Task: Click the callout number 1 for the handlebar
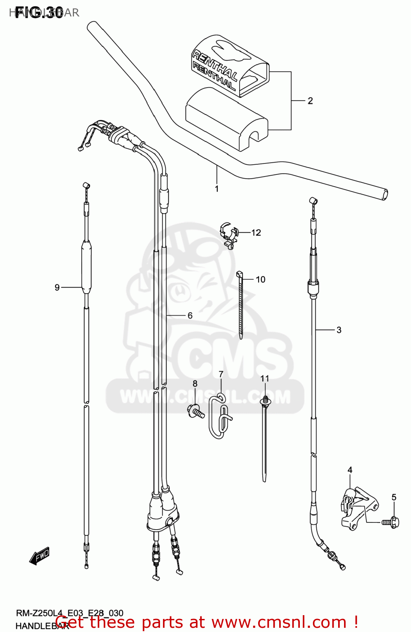(x=217, y=189)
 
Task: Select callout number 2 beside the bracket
(x=310, y=101)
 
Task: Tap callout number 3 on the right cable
(x=339, y=330)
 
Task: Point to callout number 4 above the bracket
(x=350, y=470)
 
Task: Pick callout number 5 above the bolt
(x=394, y=497)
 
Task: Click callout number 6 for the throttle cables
(x=190, y=315)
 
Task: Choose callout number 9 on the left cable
(x=57, y=287)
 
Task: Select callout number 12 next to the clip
(x=256, y=233)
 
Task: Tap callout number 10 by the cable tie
(x=260, y=279)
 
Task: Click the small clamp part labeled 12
(x=229, y=236)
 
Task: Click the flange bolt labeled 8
(x=196, y=411)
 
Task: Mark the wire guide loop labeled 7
(x=219, y=417)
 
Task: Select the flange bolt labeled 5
(x=391, y=522)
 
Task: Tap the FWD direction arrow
(x=40, y=556)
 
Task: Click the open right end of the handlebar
(x=384, y=195)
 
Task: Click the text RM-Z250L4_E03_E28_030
(x=69, y=613)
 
